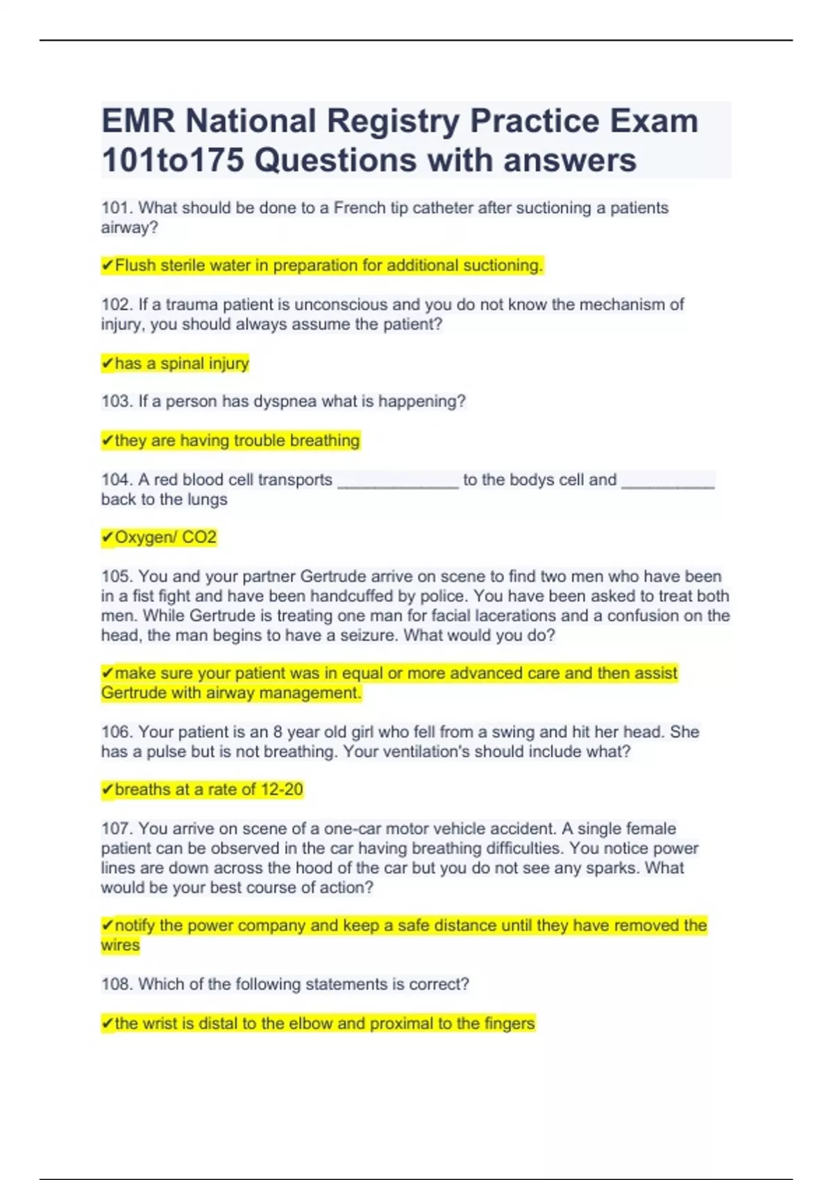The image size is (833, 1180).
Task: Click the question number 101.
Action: coord(117,208)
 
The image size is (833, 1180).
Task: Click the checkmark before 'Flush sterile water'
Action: coord(107,266)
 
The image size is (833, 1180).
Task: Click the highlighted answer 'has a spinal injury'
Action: coord(181,364)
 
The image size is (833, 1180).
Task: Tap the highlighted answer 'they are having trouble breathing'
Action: coord(237,441)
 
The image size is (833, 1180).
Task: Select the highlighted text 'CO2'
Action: coord(199,538)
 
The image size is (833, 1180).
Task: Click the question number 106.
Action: coord(117,732)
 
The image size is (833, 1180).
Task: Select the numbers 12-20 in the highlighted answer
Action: coord(282,790)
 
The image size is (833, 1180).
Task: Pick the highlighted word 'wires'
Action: coord(120,945)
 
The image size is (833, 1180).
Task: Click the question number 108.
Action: coord(117,984)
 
